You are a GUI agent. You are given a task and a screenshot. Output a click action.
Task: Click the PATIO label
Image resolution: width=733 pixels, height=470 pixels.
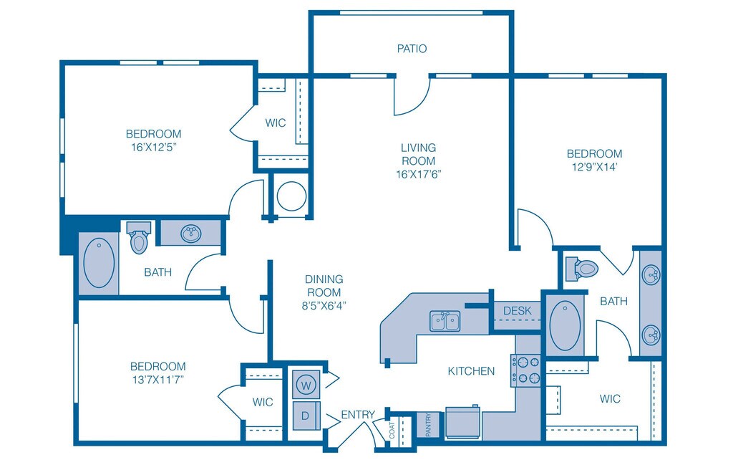click(x=412, y=49)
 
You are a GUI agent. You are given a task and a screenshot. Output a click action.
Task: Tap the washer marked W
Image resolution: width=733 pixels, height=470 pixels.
click(x=306, y=385)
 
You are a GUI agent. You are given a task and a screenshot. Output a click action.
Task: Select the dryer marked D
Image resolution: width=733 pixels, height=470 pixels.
click(x=306, y=416)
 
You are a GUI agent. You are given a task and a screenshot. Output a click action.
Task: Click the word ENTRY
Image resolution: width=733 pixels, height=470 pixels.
click(x=357, y=415)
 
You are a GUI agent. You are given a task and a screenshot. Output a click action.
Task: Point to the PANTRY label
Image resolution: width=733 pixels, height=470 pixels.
click(x=428, y=425)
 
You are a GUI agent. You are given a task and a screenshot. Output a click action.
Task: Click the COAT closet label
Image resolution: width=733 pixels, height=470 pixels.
click(x=392, y=429)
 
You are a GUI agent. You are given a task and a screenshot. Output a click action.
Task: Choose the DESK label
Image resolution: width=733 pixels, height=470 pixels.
click(x=517, y=310)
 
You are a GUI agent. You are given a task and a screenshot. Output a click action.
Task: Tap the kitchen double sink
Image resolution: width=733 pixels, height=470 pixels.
click(x=446, y=321)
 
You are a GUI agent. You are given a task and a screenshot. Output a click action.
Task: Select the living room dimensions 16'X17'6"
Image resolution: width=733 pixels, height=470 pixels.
click(x=418, y=173)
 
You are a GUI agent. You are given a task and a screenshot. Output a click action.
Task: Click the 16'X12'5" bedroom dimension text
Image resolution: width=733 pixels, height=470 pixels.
click(x=153, y=146)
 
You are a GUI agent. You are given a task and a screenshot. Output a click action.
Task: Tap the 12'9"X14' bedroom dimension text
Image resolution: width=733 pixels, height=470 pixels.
click(x=594, y=166)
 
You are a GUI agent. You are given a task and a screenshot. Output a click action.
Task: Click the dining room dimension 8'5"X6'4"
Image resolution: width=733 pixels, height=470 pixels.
click(x=324, y=305)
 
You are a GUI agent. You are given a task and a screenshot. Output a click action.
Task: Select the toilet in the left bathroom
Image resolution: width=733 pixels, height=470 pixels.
click(x=138, y=238)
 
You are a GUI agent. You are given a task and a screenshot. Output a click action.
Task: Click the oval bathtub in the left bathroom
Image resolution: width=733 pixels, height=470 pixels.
click(x=99, y=262)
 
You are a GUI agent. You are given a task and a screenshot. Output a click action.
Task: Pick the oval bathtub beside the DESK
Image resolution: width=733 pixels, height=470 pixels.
click(x=565, y=325)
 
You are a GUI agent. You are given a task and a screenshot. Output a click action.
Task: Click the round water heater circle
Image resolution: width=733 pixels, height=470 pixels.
click(x=291, y=196)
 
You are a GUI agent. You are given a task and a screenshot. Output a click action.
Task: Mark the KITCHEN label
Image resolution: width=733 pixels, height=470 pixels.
click(x=471, y=371)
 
